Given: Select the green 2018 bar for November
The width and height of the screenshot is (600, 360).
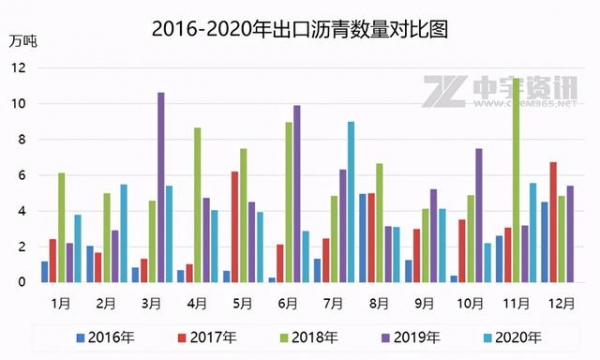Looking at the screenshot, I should (x=516, y=180).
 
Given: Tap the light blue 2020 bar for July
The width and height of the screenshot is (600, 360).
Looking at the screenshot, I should (x=351, y=201).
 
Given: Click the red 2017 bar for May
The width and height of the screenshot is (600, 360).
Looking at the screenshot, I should (x=234, y=226).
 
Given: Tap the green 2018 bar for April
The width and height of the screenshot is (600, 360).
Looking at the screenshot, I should (x=198, y=204).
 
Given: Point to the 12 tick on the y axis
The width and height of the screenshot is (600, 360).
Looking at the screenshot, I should (x=19, y=68).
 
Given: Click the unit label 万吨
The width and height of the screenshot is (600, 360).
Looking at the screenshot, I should (x=21, y=41).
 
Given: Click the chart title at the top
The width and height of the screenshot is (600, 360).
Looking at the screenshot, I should (x=300, y=29).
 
